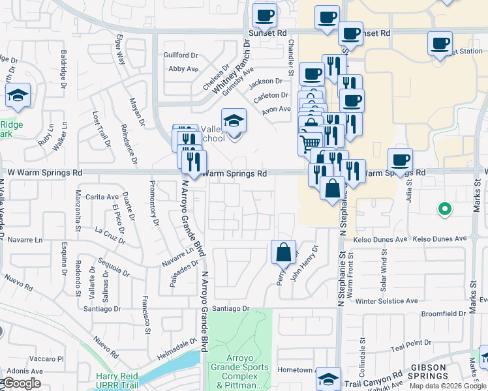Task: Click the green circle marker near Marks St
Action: point(444,209)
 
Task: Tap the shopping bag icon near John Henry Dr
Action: point(283,252)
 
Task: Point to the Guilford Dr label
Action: point(180,55)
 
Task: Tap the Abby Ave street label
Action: point(183,68)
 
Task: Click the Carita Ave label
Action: point(102,197)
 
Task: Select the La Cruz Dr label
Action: point(110,234)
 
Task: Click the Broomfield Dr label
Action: point(444,313)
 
